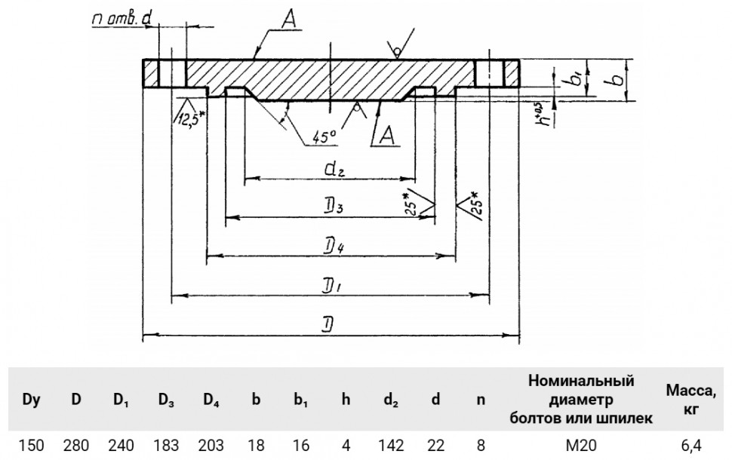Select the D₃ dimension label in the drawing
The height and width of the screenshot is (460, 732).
pos(334,207)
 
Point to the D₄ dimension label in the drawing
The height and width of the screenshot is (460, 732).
pos(334,246)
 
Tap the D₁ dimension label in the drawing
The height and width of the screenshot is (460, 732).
pos(332,286)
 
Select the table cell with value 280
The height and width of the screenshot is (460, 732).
pos(76,446)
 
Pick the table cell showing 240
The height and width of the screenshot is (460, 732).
pos(121,446)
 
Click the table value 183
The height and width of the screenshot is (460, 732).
pos(166,446)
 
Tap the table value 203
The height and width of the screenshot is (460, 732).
pos(211,446)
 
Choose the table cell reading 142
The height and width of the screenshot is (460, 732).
pos(391,446)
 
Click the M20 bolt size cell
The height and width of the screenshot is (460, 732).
pos(581,446)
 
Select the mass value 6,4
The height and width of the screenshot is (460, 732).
pos(691,446)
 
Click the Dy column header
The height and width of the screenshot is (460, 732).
pos(31,400)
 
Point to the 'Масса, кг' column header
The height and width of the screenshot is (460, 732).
pos(691,400)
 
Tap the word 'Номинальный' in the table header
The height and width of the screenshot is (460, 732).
pos(581,381)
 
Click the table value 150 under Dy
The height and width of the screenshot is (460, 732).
pos(31,446)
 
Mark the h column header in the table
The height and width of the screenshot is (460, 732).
pos(346,399)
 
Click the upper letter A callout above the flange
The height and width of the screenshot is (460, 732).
pos(291,20)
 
